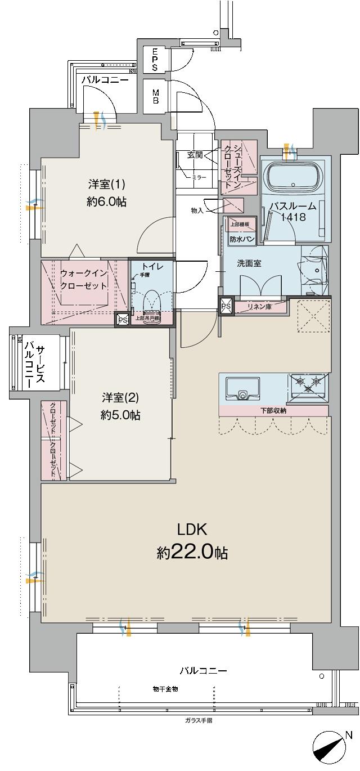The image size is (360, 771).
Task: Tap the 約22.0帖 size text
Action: [x=192, y=553]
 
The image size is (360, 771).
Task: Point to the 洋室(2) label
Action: [x=120, y=398]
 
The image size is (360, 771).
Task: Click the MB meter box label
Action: [x=155, y=96]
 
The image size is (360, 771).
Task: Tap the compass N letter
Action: [x=348, y=735]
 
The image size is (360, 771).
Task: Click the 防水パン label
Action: [x=241, y=239]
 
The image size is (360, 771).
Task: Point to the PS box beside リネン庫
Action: [x=225, y=307]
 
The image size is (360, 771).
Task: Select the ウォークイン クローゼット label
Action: [x=83, y=279]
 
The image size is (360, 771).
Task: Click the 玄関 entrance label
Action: [x=195, y=155]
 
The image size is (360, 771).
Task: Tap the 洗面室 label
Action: [x=249, y=263]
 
